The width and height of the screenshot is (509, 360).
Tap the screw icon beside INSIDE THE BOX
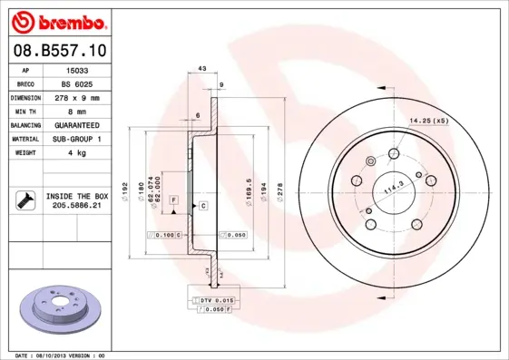pos(24,200)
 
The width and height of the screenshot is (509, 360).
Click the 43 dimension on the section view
pos(202,69)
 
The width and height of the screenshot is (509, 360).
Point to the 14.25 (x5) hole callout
pos(427,121)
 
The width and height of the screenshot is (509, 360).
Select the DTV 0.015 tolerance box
pos(218,298)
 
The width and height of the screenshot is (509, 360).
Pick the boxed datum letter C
pos(203,206)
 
